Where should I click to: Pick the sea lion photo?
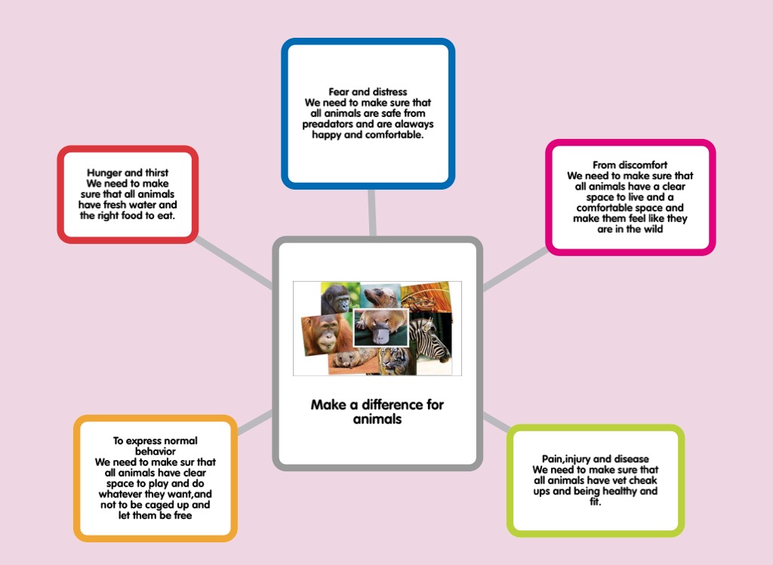[x=380, y=295]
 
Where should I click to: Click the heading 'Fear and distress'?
[x=368, y=92]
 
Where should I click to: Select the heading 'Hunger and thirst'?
[x=128, y=173]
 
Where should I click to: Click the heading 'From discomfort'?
[x=630, y=165]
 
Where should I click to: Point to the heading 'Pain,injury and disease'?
[x=595, y=458]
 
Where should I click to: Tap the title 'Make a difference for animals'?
[x=377, y=411]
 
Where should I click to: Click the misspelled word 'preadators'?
[x=329, y=124]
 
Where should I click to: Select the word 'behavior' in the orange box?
[x=155, y=451]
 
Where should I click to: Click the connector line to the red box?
[x=234, y=263]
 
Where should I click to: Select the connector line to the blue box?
[x=371, y=212]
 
